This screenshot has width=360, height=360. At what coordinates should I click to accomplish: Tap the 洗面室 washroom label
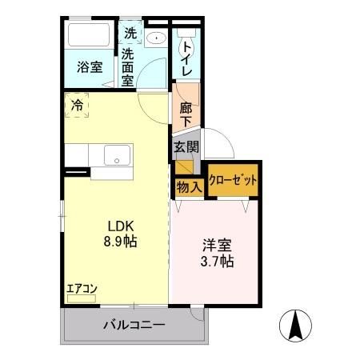(x=129, y=68)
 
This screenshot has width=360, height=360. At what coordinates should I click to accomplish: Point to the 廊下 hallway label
(x=185, y=113)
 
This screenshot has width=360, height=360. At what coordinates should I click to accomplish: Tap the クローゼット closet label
(x=233, y=181)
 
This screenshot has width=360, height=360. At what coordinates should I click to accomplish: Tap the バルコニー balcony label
(x=134, y=326)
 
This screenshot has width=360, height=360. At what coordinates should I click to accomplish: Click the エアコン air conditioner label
(x=81, y=289)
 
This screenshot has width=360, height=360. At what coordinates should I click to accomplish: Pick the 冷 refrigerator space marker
(x=77, y=105)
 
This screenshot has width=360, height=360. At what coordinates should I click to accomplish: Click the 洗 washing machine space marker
(x=130, y=35)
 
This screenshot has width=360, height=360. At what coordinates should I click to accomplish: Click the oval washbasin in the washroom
(x=155, y=37)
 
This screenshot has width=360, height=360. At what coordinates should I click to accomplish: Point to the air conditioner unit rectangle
(x=81, y=299)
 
